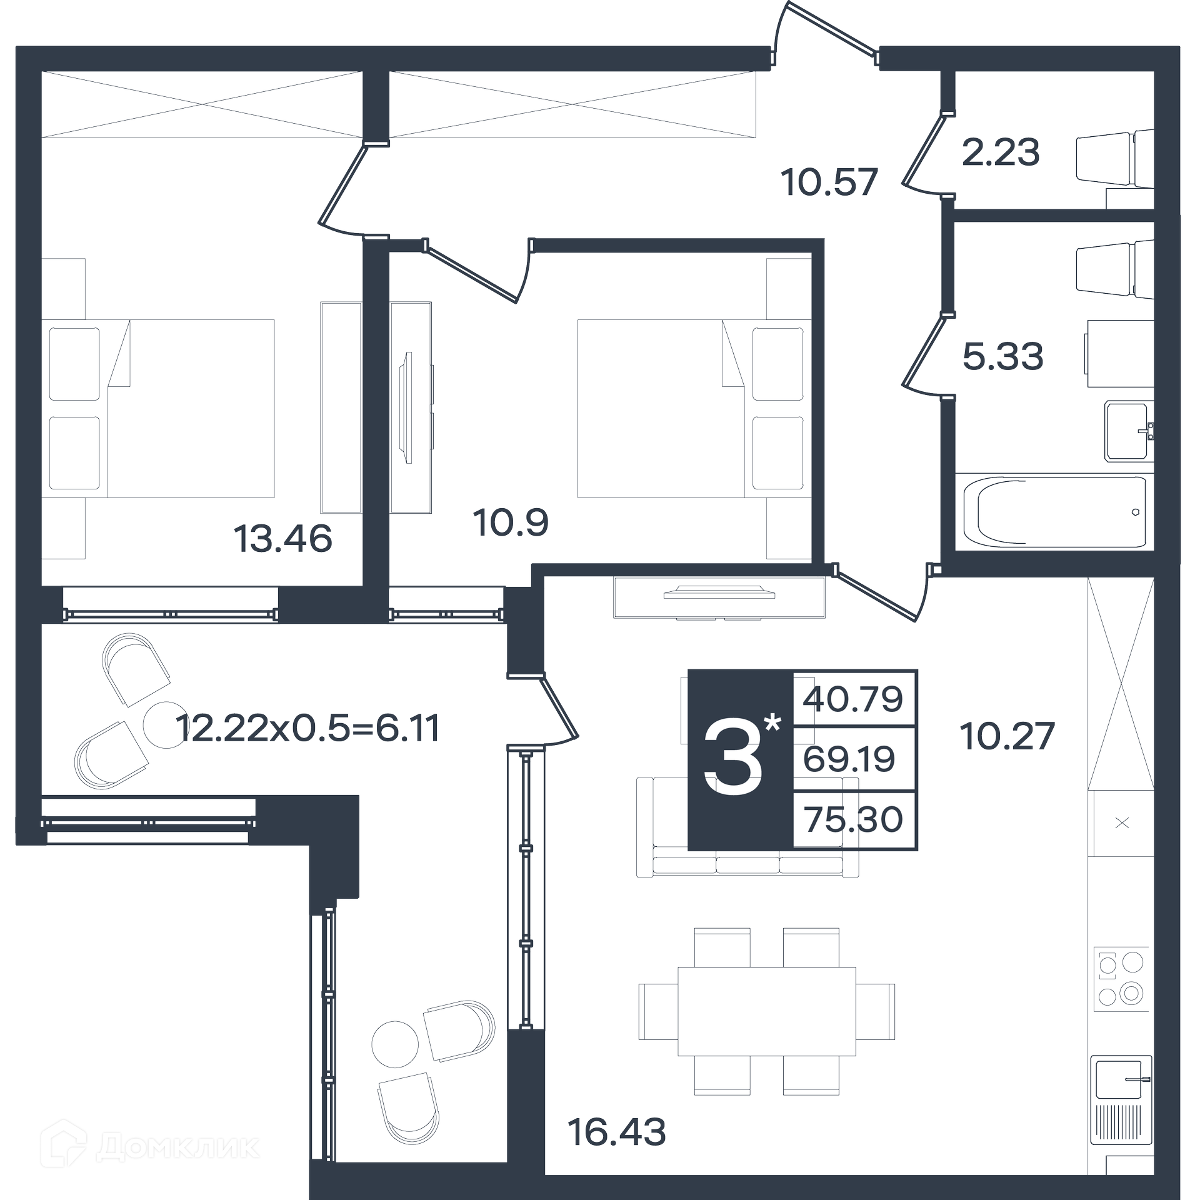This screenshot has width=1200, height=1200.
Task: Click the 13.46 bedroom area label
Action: (x=282, y=539)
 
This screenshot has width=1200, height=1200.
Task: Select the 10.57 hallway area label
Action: (x=829, y=182)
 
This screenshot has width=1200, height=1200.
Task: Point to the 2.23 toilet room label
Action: (x=1001, y=152)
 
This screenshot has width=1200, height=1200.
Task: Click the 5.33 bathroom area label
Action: (x=1002, y=357)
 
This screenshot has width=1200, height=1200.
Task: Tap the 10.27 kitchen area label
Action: (x=1007, y=736)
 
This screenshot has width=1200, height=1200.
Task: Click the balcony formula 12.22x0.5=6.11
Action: (x=308, y=728)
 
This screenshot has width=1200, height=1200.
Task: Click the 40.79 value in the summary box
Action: (x=852, y=699)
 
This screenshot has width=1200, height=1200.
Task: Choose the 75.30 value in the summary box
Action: (x=853, y=819)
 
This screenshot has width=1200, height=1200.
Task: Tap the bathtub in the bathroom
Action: (x=1054, y=511)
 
